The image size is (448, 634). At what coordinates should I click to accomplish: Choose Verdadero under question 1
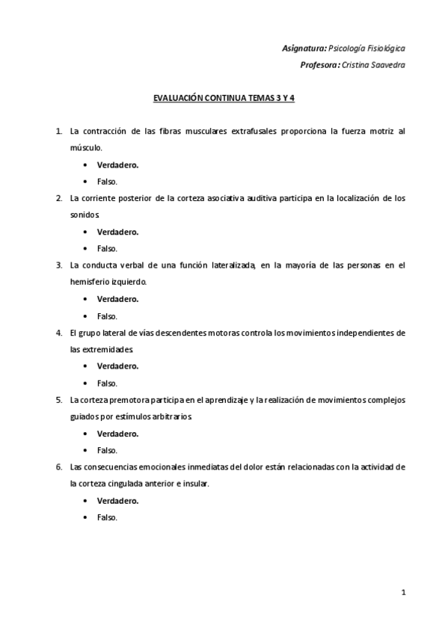tap(117, 164)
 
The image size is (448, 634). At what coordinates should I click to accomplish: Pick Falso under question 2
tap(107, 248)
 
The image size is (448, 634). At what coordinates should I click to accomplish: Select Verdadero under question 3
tap(117, 299)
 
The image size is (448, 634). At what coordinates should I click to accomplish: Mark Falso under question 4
tap(107, 383)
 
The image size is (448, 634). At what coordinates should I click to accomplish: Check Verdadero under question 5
tap(117, 434)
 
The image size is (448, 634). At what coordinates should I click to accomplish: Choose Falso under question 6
tap(107, 517)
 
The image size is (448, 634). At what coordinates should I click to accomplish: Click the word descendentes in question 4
tap(203, 333)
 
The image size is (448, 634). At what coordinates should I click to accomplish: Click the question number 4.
tap(58, 333)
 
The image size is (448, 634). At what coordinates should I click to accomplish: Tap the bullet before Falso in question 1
tap(86, 181)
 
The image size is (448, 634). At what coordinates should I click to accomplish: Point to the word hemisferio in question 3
tap(88, 282)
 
